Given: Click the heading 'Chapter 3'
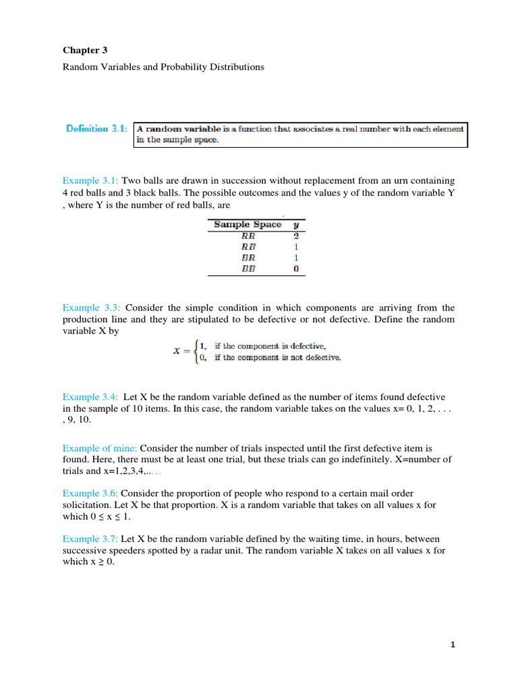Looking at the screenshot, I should pyautogui.click(x=84, y=50).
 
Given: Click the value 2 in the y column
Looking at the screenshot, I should pyautogui.click(x=296, y=236).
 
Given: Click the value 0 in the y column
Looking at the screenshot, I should pyautogui.click(x=296, y=268).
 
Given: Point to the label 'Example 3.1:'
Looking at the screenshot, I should pyautogui.click(x=90, y=181).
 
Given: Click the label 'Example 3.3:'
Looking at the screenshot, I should pyautogui.click(x=90, y=308).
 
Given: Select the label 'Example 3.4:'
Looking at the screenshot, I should pyautogui.click(x=90, y=397).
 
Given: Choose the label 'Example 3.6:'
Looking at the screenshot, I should pyautogui.click(x=90, y=494).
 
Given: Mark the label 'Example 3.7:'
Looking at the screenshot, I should pyautogui.click(x=90, y=540).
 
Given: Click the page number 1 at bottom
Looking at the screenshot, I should pyautogui.click(x=453, y=644).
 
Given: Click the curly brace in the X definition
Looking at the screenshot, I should pyautogui.click(x=194, y=352).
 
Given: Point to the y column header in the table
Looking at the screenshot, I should pyautogui.click(x=296, y=224).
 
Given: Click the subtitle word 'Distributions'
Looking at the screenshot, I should pyautogui.click(x=239, y=67).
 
